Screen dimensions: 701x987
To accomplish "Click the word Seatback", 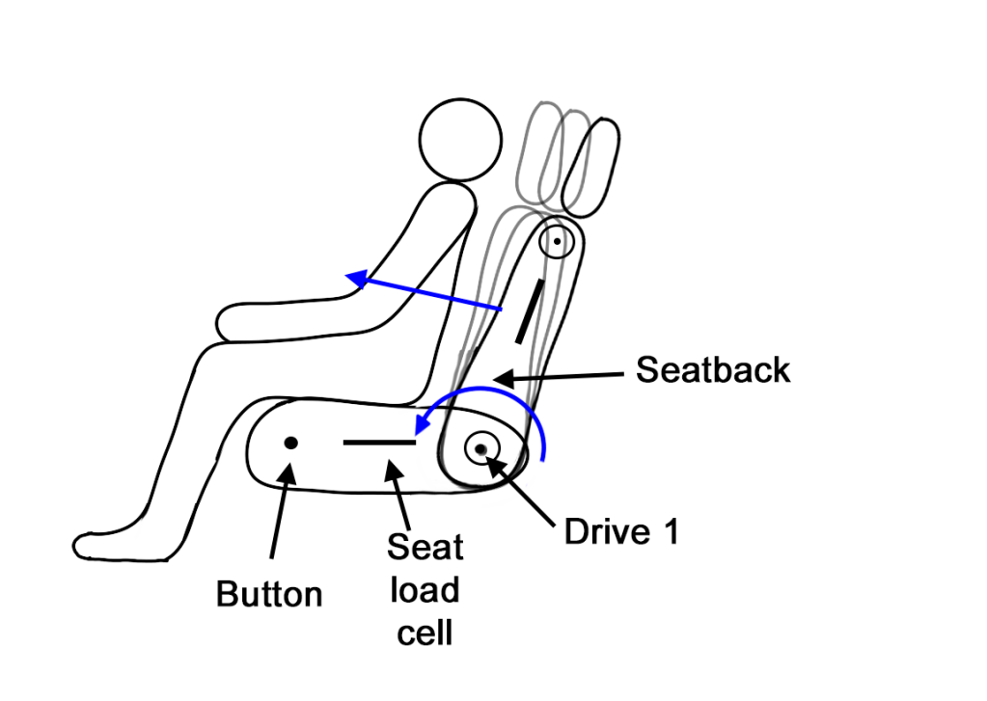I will [713, 369].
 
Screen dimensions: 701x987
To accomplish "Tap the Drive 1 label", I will [621, 531].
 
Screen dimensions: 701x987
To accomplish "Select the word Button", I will [269, 593].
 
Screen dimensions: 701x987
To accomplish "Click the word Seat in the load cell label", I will [425, 548].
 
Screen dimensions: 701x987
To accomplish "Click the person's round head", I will [461, 139].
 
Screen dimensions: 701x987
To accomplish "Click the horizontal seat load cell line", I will [379, 443].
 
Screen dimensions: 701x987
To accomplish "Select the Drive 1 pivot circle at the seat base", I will [480, 448].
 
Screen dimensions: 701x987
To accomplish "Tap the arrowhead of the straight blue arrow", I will [356, 280].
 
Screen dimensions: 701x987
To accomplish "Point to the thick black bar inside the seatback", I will [529, 311].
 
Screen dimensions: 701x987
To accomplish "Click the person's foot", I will [106, 544].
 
